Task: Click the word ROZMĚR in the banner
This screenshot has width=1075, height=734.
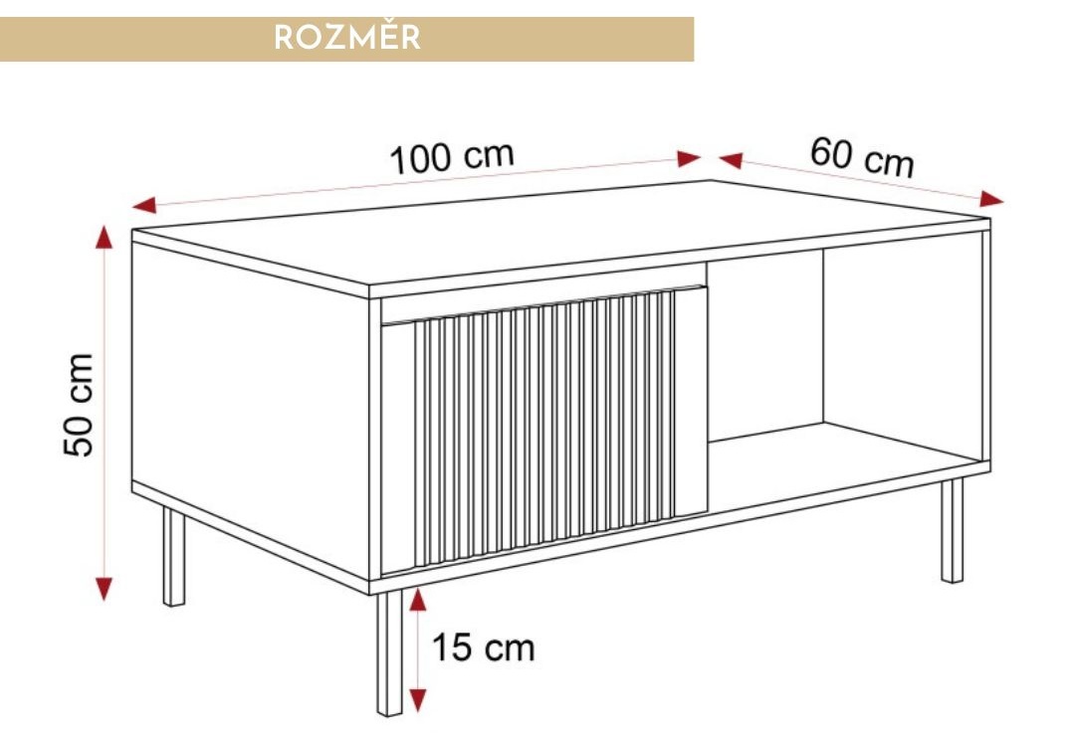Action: (x=347, y=38)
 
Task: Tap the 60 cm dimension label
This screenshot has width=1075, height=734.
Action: (x=861, y=157)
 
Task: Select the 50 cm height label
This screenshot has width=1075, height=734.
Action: (x=80, y=404)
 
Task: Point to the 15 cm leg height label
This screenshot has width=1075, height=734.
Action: (x=483, y=648)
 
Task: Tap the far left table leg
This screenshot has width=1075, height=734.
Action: (x=174, y=557)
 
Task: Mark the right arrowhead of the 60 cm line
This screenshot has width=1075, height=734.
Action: (x=991, y=199)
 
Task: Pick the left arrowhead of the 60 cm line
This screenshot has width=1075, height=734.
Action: (x=731, y=159)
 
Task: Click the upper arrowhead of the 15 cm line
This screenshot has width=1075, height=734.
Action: (x=418, y=599)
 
